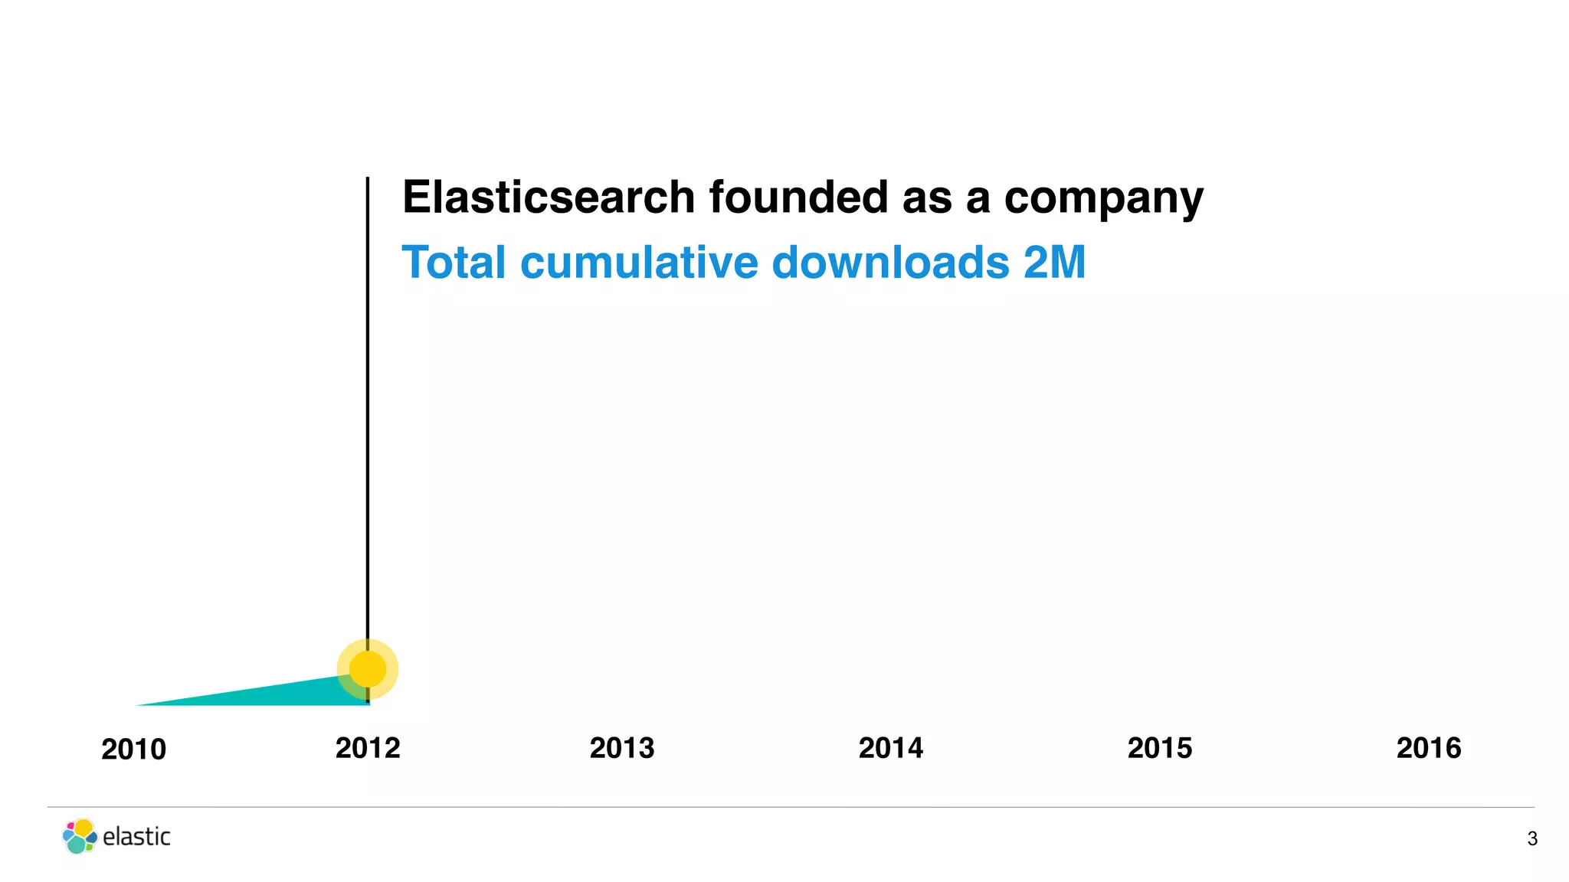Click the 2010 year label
[133, 750]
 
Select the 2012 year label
[368, 748]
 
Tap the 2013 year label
[621, 748]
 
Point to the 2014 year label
[890, 748]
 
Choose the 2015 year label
[1159, 748]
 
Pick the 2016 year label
[1428, 748]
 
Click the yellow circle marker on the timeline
[368, 669]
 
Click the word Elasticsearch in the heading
[549, 198]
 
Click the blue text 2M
[1054, 263]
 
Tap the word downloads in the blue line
[890, 263]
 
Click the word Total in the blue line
[454, 263]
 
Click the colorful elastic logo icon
[80, 836]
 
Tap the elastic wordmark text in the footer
[136, 837]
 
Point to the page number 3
[1531, 839]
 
